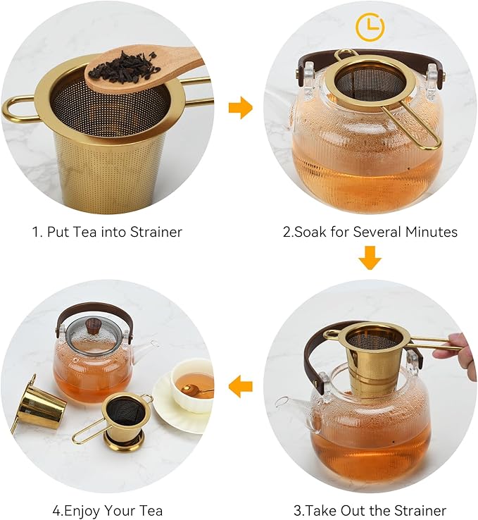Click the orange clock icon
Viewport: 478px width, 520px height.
point(370,27)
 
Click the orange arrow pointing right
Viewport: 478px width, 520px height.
point(241,107)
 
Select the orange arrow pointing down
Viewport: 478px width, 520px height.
point(370,258)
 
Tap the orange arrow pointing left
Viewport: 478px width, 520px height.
point(241,386)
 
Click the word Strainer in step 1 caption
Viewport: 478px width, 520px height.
point(156,232)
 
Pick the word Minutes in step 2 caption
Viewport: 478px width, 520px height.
point(432,232)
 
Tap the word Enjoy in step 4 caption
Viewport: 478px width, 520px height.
point(86,511)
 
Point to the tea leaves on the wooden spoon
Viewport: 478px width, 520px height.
point(124,66)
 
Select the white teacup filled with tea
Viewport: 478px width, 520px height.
point(191,385)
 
